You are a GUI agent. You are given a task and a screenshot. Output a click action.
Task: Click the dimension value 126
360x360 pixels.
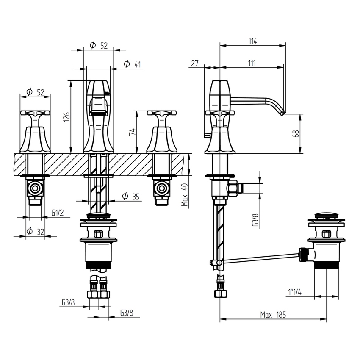pyautogui.click(x=66, y=116)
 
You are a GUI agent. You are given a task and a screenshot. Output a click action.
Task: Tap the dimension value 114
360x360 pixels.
pyautogui.click(x=252, y=42)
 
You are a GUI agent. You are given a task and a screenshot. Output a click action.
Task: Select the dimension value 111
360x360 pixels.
pyautogui.click(x=252, y=63)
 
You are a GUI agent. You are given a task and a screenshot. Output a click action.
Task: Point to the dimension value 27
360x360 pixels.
pyautogui.click(x=194, y=63)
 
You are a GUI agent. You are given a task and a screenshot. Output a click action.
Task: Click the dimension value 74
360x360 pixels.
pyautogui.click(x=133, y=132)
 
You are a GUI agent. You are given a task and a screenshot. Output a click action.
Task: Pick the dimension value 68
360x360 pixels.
pyautogui.click(x=296, y=133)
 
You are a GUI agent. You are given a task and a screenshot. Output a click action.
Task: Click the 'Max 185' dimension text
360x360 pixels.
pyautogui.click(x=273, y=315)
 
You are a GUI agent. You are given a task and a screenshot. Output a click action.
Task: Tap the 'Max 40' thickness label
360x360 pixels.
pyautogui.click(x=185, y=195)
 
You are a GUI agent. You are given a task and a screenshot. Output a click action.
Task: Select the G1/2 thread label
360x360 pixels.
pyautogui.click(x=57, y=213)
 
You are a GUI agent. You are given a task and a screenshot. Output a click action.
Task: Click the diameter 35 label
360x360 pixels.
pyautogui.click(x=130, y=197)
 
